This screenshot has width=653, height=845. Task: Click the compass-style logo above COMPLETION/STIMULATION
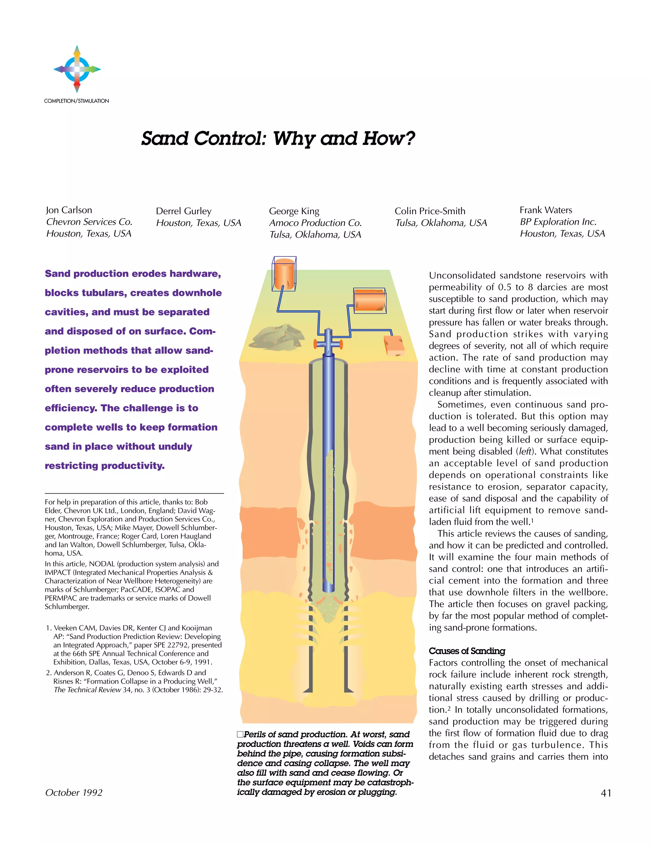77,69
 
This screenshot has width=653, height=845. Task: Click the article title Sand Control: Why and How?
278,138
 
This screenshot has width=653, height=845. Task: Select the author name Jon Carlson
69,210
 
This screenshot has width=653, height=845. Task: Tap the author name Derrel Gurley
184,211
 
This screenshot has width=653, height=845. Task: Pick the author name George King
294,211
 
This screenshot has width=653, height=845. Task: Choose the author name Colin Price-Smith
430,211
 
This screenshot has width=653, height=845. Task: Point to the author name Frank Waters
546,210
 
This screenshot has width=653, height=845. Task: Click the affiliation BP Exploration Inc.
558,222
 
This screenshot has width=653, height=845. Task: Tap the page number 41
606,793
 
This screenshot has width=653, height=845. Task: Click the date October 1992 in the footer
74,793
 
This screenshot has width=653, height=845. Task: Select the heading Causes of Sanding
467,651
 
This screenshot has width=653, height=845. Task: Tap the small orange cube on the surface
394,346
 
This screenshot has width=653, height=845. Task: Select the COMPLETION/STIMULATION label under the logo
77,101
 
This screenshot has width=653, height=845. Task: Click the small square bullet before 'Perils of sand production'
240,734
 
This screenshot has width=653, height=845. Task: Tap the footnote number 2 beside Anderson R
48,673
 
